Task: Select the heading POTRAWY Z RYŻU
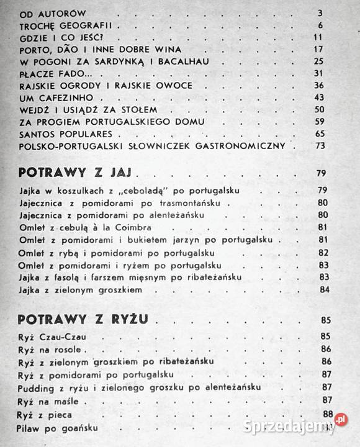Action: (86, 320)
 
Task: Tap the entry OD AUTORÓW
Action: (53, 12)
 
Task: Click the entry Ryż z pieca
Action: (45, 415)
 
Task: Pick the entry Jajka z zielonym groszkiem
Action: (81, 289)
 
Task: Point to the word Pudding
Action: (36, 387)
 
